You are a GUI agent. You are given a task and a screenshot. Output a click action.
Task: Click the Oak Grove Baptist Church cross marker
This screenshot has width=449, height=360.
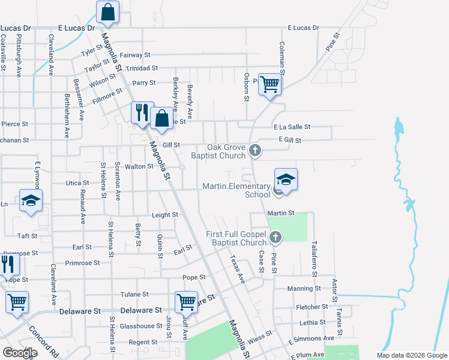coord(255,150)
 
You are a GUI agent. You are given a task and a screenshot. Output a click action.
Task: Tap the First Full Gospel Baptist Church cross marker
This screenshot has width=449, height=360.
coord(276,238)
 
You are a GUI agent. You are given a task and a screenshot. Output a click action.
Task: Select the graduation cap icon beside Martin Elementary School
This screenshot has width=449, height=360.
coord(286,179)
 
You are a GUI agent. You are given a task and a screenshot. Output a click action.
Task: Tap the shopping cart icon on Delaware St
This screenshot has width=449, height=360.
coord(186,302)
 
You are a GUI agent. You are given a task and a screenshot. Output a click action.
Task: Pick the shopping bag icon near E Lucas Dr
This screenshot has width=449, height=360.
coord(107,13)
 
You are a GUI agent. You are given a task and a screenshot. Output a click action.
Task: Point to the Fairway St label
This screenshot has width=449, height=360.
coord(134,55)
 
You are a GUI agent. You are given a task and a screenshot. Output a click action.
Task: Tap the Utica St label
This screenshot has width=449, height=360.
coord(77,182)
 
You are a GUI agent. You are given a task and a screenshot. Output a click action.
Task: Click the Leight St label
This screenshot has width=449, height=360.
coord(165,214)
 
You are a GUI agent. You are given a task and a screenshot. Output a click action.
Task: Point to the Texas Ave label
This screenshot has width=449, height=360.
coord(238,269)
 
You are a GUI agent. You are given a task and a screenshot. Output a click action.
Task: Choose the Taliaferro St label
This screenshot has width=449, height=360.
coord(314,259)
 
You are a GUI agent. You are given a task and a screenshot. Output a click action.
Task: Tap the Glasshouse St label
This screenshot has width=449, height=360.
coord(137,326)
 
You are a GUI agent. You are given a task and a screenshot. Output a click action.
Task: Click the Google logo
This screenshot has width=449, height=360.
coord(20,353)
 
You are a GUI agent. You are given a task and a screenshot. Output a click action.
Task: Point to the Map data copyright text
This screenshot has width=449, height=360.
coord(411,355)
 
